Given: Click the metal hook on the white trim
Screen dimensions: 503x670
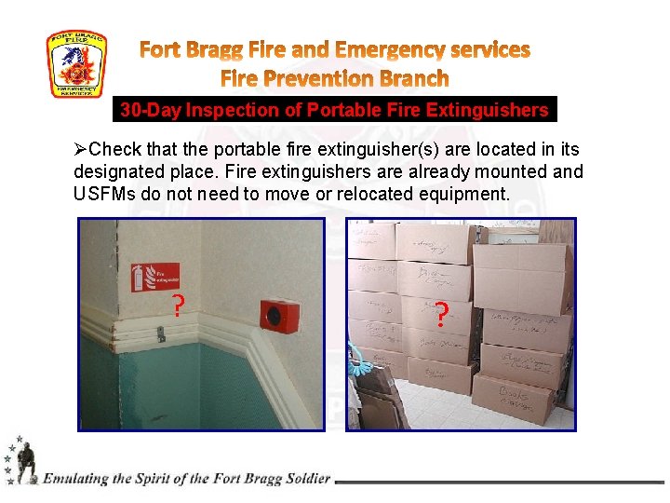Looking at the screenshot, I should [161, 332].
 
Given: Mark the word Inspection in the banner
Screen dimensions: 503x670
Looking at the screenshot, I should [233, 111].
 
